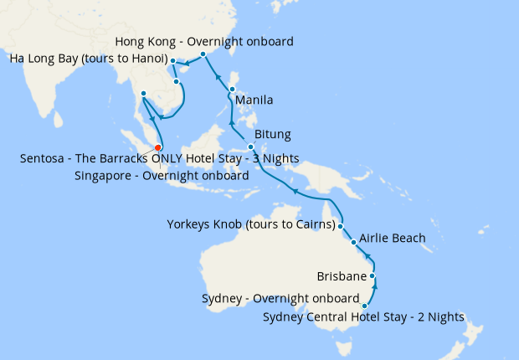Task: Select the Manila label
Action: pyautogui.click(x=254, y=100)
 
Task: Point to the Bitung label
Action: pyautogui.click(x=272, y=134)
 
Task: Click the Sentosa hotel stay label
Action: pyautogui.click(x=158, y=158)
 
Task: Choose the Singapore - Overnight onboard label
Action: pyautogui.click(x=162, y=176)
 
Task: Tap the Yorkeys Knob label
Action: pyautogui.click(x=250, y=224)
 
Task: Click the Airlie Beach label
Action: pyautogui.click(x=393, y=239)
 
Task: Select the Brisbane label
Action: pyautogui.click(x=342, y=275)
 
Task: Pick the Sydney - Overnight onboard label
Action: pyautogui.click(x=280, y=298)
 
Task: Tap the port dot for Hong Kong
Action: pyautogui.click(x=203, y=54)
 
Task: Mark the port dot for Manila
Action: pyautogui.click(x=232, y=88)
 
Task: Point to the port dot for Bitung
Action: pyautogui.click(x=251, y=147)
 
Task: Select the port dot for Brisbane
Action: pyautogui.click(x=373, y=275)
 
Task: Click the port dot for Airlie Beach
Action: pyautogui.click(x=354, y=243)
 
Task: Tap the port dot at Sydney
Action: pyautogui.click(x=364, y=306)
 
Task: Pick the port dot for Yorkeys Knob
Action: pyautogui.click(x=341, y=225)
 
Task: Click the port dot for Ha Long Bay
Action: pyautogui.click(x=172, y=61)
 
